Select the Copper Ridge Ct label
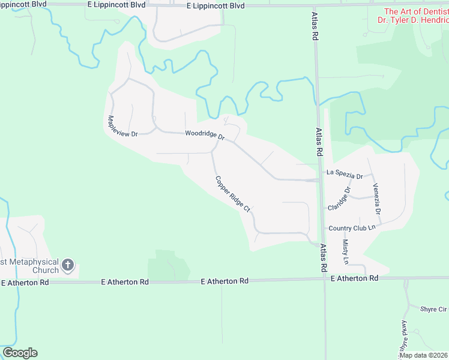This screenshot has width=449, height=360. click(233, 193)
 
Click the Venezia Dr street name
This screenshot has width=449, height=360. click(377, 199)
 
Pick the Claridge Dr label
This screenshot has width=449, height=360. click(339, 199)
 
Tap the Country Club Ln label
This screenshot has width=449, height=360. click(352, 228)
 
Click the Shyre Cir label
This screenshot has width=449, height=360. click(433, 309)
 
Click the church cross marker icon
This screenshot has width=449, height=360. click(68, 265)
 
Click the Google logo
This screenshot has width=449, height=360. click(20, 353)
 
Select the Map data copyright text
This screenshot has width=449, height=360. click(424, 355)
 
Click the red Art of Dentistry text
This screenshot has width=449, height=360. click(416, 11)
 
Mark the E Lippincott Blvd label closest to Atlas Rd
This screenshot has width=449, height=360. click(215, 5)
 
